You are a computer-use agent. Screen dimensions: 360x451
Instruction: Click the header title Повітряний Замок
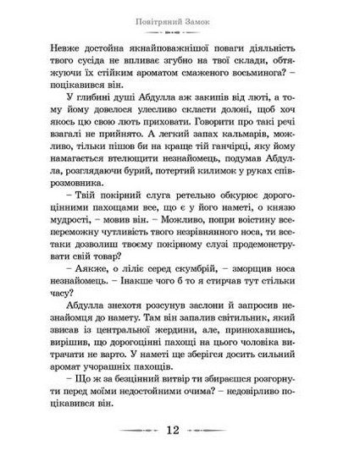pos(180,18)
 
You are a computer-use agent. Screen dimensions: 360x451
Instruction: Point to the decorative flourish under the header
pos(180,30)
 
